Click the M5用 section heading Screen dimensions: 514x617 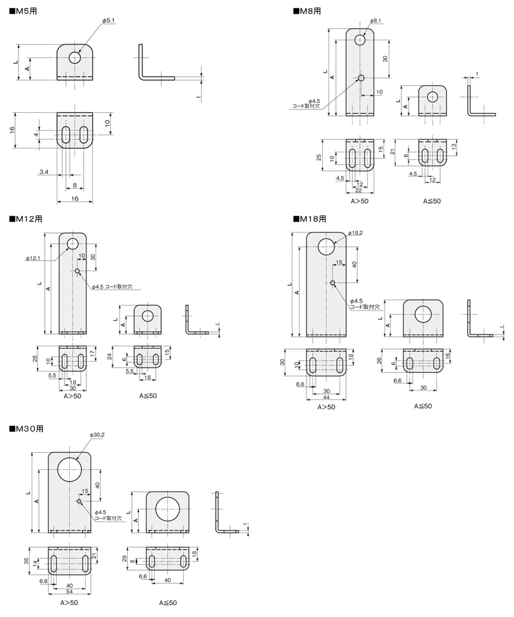pyautogui.click(x=23, y=11)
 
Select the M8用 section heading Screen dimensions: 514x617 pyautogui.click(x=307, y=11)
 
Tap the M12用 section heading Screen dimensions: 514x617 pyautogui.click(x=26, y=219)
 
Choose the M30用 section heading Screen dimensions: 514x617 pyautogui.click(x=26, y=428)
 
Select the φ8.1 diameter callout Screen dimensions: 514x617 pyautogui.click(x=375, y=20)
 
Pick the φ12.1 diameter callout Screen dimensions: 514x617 pyautogui.click(x=33, y=258)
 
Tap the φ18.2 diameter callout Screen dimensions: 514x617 pyautogui.click(x=355, y=233)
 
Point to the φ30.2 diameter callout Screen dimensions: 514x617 pyautogui.click(x=97, y=435)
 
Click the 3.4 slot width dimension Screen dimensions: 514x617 pyautogui.click(x=44, y=172)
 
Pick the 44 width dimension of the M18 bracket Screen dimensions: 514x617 pyautogui.click(x=326, y=397)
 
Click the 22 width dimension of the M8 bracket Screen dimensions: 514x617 pyautogui.click(x=358, y=191)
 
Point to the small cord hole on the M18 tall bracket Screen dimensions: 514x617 pyautogui.click(x=332, y=282)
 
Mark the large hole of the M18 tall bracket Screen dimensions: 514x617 pyautogui.click(x=326, y=247)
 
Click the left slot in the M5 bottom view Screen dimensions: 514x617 pyautogui.click(x=66, y=135)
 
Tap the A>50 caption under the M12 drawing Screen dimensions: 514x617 pyautogui.click(x=72, y=396)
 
